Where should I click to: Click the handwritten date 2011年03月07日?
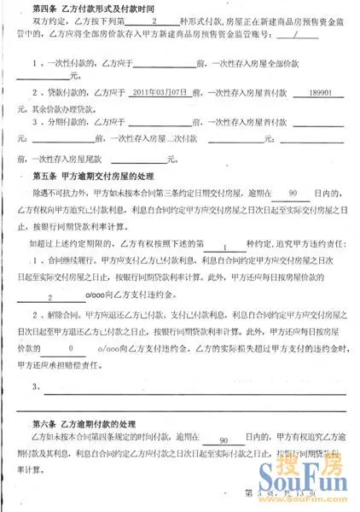(x=157, y=92)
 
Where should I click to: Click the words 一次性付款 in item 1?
(x=59, y=62)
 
